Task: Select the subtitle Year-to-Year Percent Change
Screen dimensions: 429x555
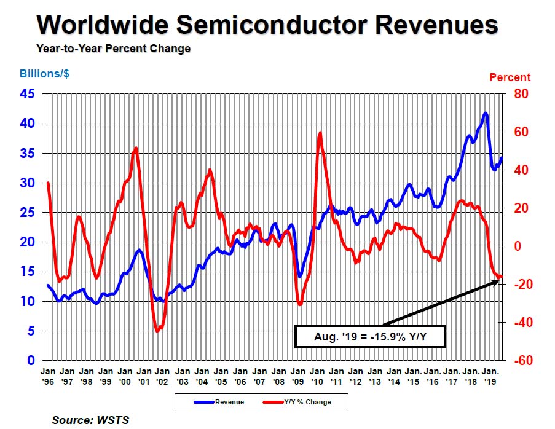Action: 113,49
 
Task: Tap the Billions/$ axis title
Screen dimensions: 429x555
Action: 45,74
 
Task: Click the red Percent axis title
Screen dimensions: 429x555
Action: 510,77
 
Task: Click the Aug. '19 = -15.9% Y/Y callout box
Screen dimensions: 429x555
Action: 369,336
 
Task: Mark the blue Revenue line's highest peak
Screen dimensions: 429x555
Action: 486,113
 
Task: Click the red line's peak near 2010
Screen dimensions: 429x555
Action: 320,133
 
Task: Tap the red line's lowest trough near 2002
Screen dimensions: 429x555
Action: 157,331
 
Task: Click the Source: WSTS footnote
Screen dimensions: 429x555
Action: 90,420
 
